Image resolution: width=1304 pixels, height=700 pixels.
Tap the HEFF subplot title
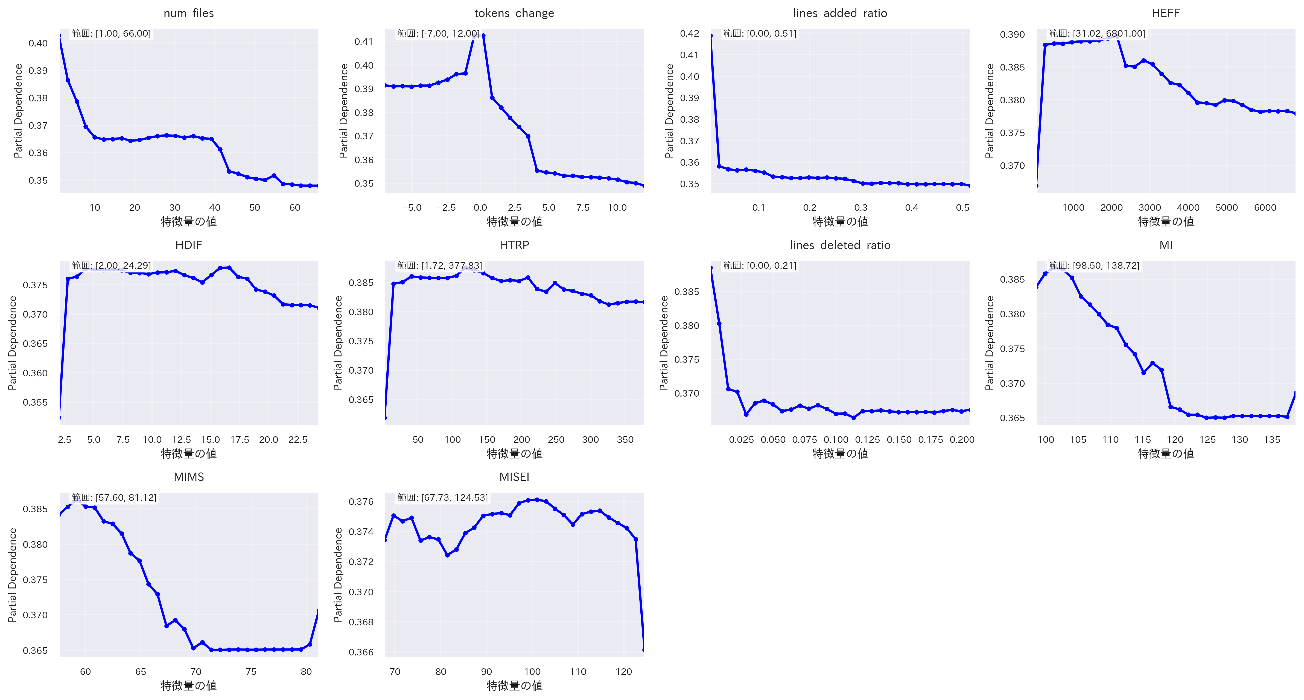1165,13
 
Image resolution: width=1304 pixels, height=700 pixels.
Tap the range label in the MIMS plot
114,497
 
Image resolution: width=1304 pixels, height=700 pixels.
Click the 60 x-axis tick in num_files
294,207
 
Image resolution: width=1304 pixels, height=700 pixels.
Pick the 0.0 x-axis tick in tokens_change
480,207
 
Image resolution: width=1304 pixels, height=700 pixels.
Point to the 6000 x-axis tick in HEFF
1265,207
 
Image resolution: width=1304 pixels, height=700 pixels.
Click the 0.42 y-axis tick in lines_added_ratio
689,33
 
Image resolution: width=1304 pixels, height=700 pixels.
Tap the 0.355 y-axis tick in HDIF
36,402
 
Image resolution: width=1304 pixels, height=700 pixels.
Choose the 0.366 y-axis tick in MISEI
361,652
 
